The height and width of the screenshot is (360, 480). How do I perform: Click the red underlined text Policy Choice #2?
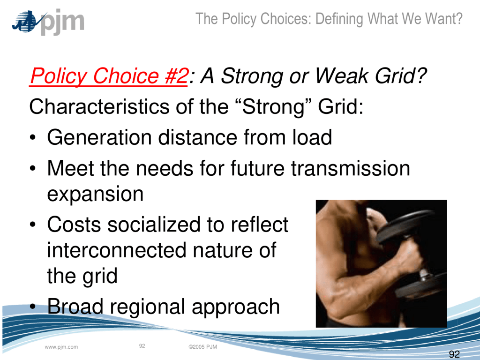(x=108, y=76)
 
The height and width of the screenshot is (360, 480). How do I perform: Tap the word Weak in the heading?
(x=341, y=75)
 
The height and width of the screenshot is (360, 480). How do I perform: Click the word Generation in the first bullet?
(x=99, y=137)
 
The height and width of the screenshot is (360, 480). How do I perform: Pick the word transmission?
(x=351, y=168)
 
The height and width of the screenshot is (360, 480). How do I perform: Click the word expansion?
(x=95, y=194)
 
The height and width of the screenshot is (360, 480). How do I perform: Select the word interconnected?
(x=117, y=250)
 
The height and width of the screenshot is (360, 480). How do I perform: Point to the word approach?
(x=236, y=307)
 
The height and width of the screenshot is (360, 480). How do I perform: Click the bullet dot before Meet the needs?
(x=33, y=169)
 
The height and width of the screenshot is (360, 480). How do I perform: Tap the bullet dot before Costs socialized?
(x=33, y=225)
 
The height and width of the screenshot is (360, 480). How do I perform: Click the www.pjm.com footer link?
(x=61, y=347)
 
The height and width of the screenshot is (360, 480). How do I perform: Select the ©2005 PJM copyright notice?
(x=202, y=347)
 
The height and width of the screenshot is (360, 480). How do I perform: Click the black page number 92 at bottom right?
(x=454, y=354)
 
